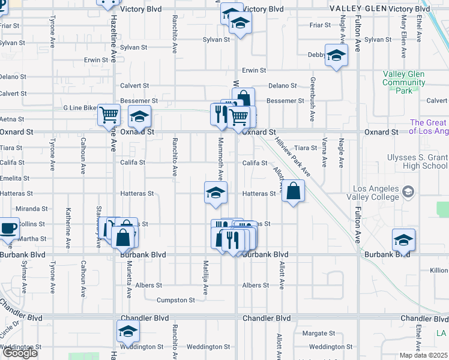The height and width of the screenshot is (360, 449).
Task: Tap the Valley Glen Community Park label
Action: coord(404,82)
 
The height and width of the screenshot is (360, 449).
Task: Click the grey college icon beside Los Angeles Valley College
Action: coord(408,192)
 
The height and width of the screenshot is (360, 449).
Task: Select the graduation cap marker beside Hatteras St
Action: coord(215,193)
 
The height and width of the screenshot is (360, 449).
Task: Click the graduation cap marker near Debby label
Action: coord(336,56)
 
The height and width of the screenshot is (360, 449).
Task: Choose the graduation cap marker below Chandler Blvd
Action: coord(127,331)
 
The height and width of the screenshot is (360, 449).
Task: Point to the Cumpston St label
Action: coord(176,300)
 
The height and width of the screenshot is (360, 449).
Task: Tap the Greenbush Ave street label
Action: coord(312,99)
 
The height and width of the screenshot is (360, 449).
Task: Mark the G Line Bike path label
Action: coord(80,108)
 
